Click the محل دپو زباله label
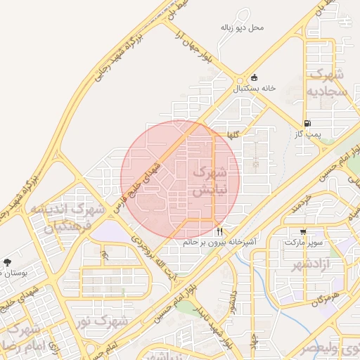pos(242,27)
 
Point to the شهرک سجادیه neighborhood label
pos(326,82)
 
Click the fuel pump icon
pos(307,122)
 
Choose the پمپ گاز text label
pos(307,133)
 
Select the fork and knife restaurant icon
pos(220,231)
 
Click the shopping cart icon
pos(303,231)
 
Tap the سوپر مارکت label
pos(303,242)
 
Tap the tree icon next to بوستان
pos(7,262)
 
